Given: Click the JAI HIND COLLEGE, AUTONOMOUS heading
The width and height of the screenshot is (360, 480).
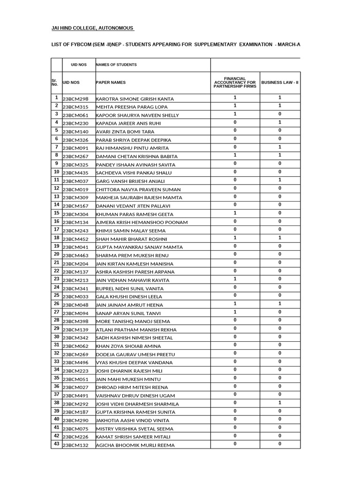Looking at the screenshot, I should tap(92, 29).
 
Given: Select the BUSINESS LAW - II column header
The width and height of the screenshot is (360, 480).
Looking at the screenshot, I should tap(280, 82).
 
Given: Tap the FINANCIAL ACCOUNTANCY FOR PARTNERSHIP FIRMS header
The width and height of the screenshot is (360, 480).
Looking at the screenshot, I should tap(235, 82).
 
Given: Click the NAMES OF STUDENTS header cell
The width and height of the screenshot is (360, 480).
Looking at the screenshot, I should tap(116, 65).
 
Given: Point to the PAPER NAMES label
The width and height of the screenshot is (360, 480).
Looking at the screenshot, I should tap(111, 82).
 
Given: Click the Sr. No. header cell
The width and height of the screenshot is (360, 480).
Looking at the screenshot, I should tap(55, 82).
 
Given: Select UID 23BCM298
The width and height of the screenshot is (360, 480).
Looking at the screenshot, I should tap(75, 99).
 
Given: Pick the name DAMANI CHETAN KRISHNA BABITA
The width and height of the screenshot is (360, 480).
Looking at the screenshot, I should tap(137, 156).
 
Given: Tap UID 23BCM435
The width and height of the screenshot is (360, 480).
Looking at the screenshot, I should tap(75, 173).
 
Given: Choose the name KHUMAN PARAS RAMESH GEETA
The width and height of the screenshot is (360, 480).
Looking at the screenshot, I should tap(135, 214).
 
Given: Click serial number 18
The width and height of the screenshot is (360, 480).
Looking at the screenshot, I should tap(56, 238).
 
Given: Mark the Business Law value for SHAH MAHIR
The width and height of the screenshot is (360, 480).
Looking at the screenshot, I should tap(280, 238).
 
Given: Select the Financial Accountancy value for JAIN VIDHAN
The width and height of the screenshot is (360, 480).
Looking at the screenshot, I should tap(235, 279).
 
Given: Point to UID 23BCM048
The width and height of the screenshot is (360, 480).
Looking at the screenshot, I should tap(75, 305).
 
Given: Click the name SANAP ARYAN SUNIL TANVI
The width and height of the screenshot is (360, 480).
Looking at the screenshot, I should tap(128, 313).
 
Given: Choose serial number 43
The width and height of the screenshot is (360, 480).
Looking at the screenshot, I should tap(56, 443).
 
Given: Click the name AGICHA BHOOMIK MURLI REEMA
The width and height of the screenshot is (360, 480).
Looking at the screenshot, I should tap(135, 445).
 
